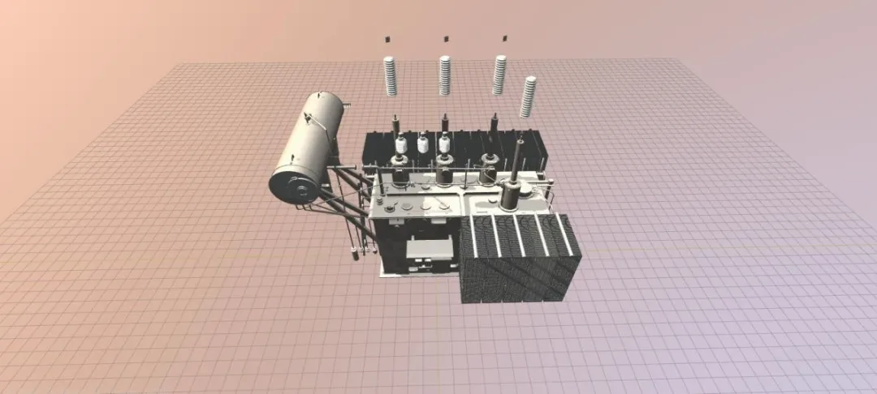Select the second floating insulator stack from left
pos(445,74)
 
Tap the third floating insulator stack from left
pos(499,74)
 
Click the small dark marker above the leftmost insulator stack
pos(387,38)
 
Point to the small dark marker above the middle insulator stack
pos(445,38)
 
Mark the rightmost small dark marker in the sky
pos(504,38)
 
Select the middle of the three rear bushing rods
pos(444,126)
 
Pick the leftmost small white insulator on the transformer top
pos(401,147)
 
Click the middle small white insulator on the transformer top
pos(422,145)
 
